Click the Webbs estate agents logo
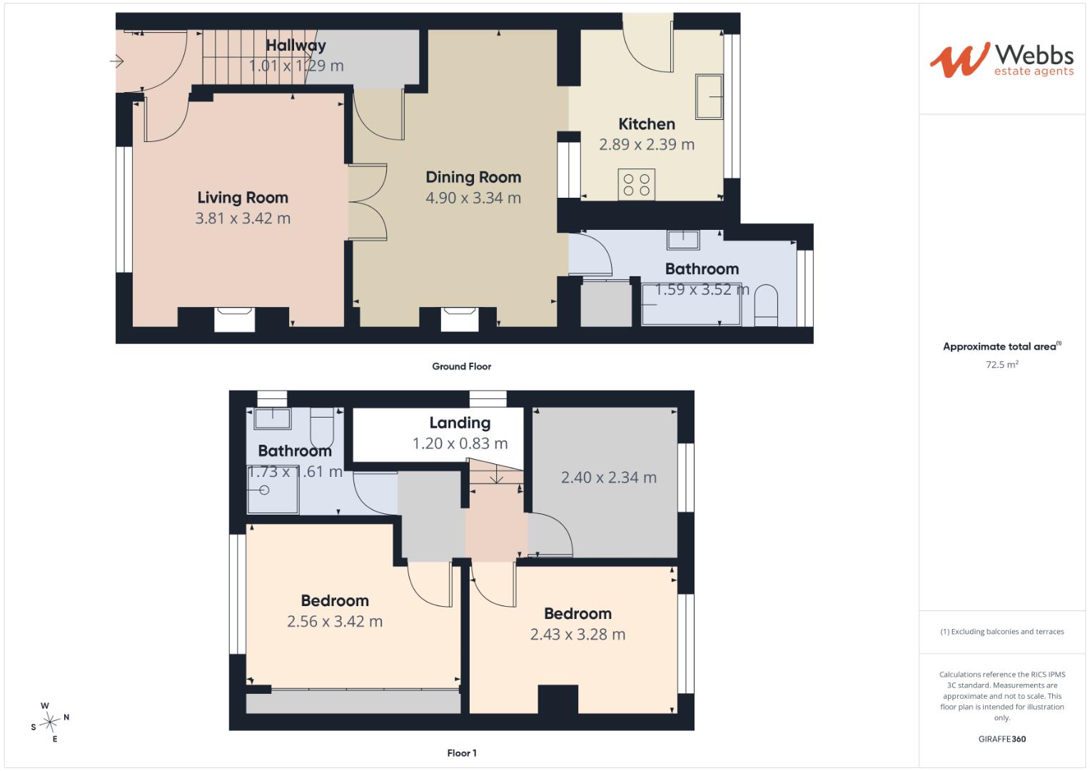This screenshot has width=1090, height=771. point(1002,60)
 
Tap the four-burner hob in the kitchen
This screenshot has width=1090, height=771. point(637,184)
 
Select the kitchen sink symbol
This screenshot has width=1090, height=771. point(709,96)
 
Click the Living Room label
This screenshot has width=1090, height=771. point(243,198)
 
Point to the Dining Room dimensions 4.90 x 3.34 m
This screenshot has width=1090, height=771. point(473,198)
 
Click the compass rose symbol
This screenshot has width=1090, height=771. point(50,722)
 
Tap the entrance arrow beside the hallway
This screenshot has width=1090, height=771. point(117,61)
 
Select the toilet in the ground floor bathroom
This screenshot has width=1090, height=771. point(766,306)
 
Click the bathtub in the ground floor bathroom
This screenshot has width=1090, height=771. point(692,304)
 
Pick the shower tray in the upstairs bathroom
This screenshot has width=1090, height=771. point(273,490)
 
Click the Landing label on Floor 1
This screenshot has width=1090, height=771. point(460,423)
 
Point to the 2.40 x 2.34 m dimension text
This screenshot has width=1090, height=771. point(609,478)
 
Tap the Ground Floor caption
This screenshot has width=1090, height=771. point(461,366)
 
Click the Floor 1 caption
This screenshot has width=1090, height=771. point(462,753)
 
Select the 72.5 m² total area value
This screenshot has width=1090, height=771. point(1002,364)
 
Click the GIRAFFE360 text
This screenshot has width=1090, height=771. point(1002,739)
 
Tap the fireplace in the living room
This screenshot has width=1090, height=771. point(235,319)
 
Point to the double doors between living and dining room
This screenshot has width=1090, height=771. point(368,202)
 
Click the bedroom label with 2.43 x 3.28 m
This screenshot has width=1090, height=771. point(577,614)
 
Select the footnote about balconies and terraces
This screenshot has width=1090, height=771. point(1002,632)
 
